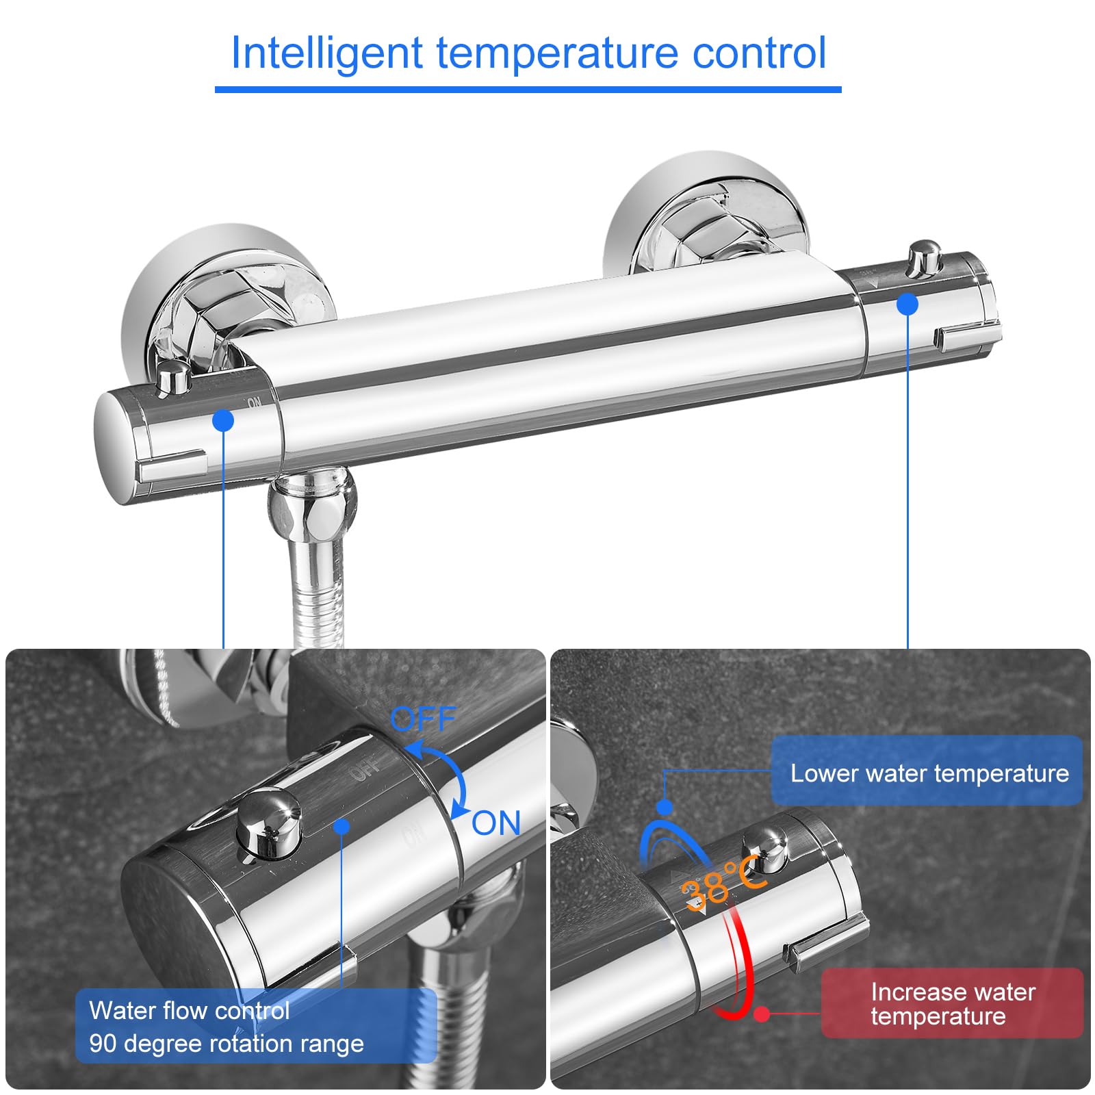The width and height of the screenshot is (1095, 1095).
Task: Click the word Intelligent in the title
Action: pyautogui.click(x=327, y=53)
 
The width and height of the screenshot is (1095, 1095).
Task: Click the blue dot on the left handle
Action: pyautogui.click(x=223, y=420)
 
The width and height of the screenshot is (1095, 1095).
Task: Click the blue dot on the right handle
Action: pyautogui.click(x=907, y=304)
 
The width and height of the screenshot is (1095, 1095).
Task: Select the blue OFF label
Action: pyautogui.click(x=422, y=719)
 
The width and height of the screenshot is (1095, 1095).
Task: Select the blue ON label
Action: pyautogui.click(x=496, y=823)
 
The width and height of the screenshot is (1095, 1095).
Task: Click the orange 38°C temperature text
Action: pyautogui.click(x=722, y=884)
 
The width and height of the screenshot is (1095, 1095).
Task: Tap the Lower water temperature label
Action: pyautogui.click(x=929, y=773)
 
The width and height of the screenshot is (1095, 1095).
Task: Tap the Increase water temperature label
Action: pyautogui.click(x=952, y=1004)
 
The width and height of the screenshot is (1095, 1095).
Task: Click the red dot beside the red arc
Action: pyautogui.click(x=762, y=1014)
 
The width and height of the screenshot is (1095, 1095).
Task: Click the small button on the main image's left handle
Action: pyautogui.click(x=174, y=378)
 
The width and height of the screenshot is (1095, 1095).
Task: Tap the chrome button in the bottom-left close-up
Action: pyautogui.click(x=268, y=823)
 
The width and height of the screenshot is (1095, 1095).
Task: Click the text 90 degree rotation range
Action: pyautogui.click(x=227, y=1044)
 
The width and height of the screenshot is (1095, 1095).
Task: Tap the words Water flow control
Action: pyautogui.click(x=190, y=1011)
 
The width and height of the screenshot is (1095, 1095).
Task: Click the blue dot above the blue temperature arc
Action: pyautogui.click(x=664, y=807)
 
